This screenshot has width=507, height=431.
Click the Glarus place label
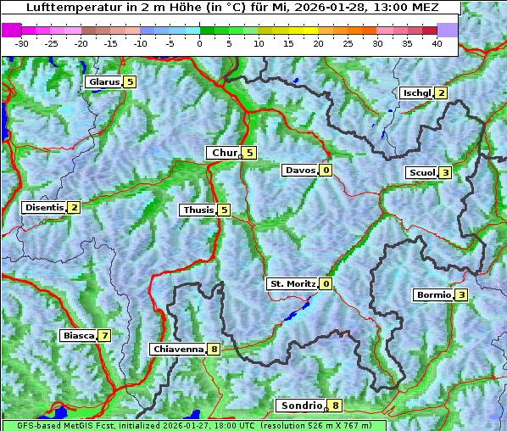(103, 82)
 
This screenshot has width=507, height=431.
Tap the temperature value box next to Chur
(250, 153)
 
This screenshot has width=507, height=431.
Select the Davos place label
(300, 170)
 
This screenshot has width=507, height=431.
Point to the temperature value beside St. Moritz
(326, 283)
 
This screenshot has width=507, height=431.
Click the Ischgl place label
(416, 92)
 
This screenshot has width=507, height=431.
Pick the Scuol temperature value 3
(445, 172)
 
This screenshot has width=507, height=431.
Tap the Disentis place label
(44, 207)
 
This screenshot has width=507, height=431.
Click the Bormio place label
(433, 295)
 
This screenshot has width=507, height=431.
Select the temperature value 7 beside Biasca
(104, 335)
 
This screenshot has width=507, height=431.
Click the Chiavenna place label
(177, 349)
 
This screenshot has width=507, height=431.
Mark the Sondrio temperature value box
(336, 406)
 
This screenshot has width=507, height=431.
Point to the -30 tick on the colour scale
(22, 42)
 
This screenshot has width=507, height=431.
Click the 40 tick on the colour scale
(437, 42)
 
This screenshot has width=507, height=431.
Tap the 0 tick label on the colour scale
(199, 42)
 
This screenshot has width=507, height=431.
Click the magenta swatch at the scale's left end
(12, 30)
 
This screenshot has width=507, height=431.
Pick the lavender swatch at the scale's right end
(448, 30)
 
